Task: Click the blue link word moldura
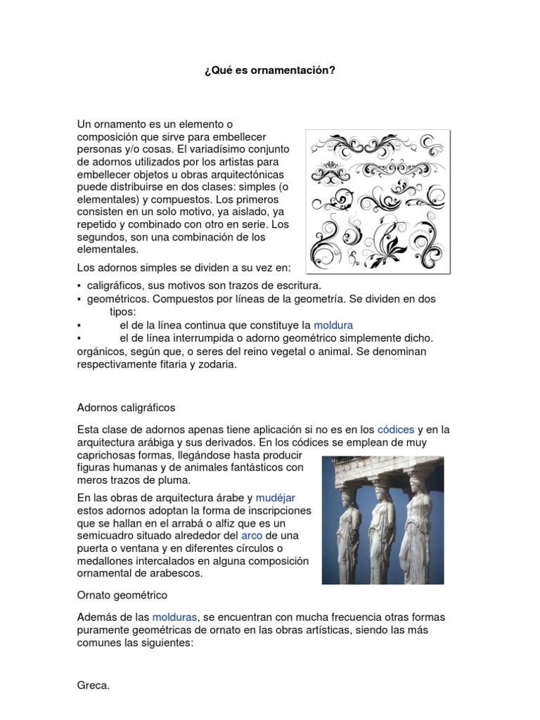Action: point(333,325)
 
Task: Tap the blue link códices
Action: point(396,429)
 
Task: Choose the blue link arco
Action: point(251,535)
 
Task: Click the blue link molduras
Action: point(175,617)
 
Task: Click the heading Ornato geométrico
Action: point(122,595)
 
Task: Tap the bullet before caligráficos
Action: point(79,286)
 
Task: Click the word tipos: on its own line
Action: point(123,311)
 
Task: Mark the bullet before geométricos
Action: point(79,300)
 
